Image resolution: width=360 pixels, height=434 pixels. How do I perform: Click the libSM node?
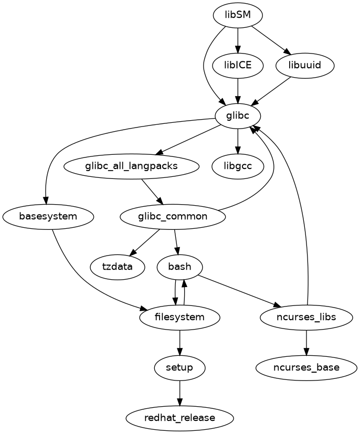coord(238,15)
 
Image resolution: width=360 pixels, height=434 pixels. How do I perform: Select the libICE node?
coord(238,66)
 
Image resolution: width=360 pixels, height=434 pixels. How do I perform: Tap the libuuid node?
coord(304,66)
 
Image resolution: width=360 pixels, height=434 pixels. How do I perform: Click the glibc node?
coord(238,116)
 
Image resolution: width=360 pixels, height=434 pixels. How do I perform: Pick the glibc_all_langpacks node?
coord(131,166)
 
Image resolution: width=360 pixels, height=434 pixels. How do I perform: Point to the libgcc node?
coord(238,166)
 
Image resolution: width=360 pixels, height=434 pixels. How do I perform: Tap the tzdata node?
coord(118,267)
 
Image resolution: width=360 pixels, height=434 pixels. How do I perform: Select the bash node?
coord(180,267)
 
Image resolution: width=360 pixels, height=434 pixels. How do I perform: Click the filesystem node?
coord(180,317)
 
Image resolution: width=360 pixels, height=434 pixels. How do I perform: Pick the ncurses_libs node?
coord(306,317)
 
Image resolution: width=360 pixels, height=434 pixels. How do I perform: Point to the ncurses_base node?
coord(306,367)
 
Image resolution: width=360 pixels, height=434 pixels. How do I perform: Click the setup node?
coord(180,367)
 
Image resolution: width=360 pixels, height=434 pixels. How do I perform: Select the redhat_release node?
coord(180,418)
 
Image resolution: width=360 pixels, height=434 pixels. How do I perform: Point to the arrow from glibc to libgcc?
coord(238,141)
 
